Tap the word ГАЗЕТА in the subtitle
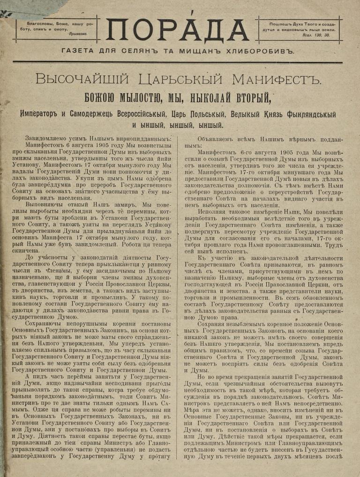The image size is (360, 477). click(x=77, y=51)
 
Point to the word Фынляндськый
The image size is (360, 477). click(x=307, y=114)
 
